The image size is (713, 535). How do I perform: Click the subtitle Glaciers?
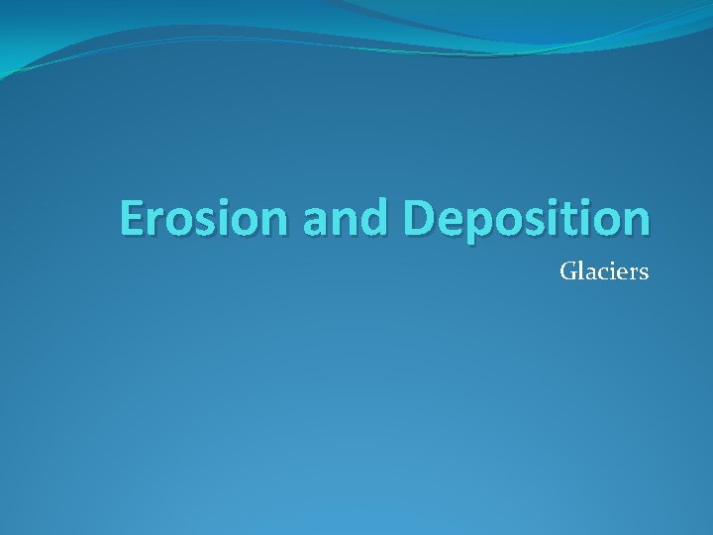point(604,270)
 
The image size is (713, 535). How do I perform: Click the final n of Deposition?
point(636,223)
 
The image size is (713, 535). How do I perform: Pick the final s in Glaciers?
point(644,272)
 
